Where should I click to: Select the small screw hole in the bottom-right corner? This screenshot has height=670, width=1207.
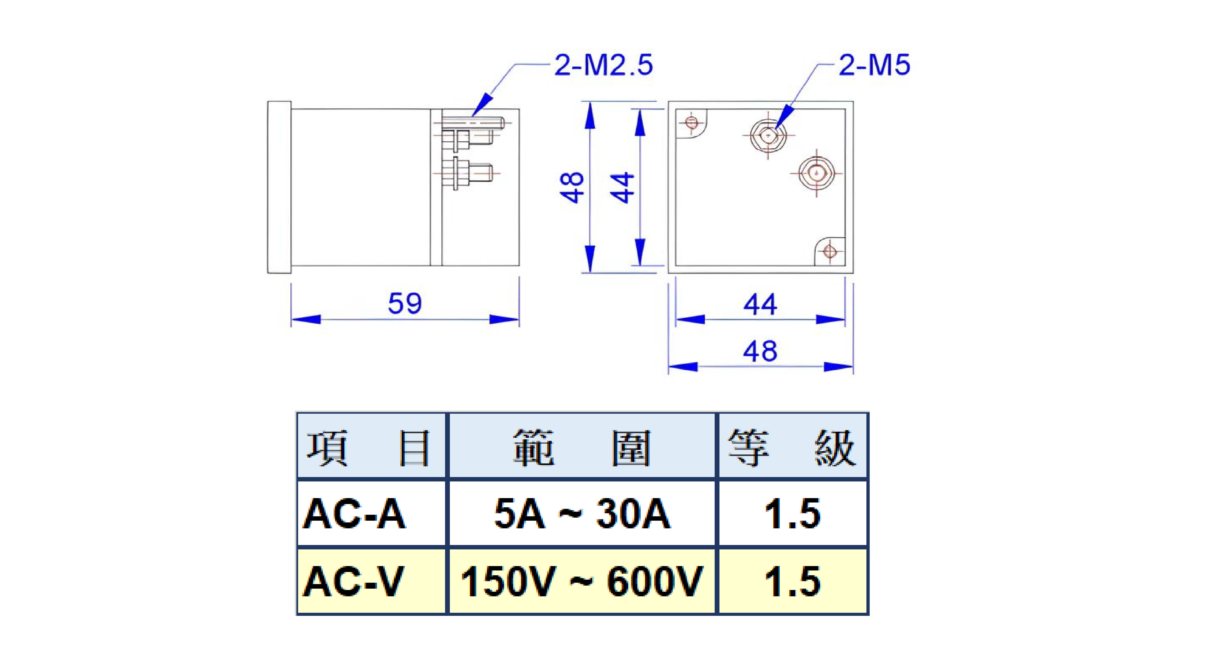pyautogui.click(x=830, y=252)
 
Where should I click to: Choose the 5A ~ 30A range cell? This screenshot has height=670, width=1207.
pyautogui.click(x=582, y=514)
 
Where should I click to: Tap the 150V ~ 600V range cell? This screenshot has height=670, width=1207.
pyautogui.click(x=582, y=581)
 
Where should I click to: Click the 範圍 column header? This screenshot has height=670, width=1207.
pyautogui.click(x=582, y=448)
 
